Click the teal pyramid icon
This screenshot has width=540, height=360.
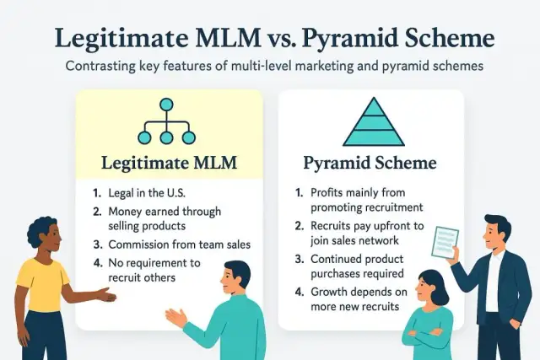374,124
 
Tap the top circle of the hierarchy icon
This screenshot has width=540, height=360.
166,105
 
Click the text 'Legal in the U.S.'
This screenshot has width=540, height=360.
148,193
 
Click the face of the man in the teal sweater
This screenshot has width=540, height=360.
238,277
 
